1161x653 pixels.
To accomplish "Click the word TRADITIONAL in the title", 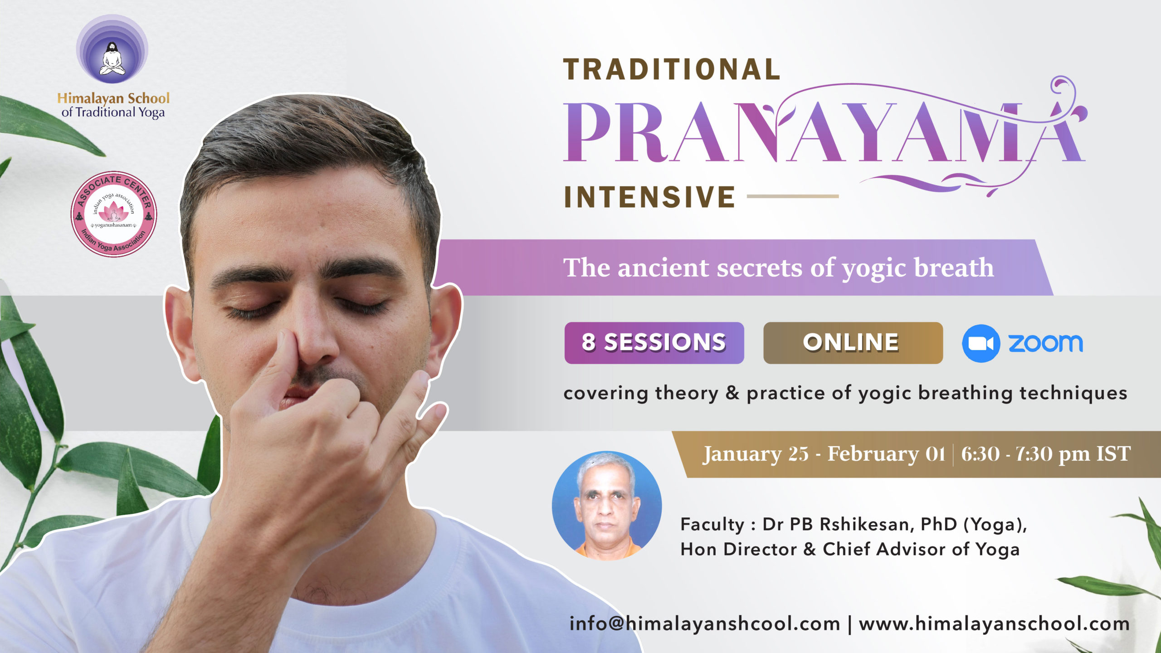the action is pyautogui.click(x=672, y=69).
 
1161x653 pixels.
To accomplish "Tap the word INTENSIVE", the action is pyautogui.click(x=649, y=197).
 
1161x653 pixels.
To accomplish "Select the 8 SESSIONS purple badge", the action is pyautogui.click(x=654, y=343).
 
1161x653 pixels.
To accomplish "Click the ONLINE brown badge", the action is pyautogui.click(x=853, y=343).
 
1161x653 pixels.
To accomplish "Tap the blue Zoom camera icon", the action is pyautogui.click(x=981, y=343).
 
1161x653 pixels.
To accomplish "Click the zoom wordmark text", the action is pyautogui.click(x=1045, y=343).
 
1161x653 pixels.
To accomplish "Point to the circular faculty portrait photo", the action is pyautogui.click(x=607, y=505).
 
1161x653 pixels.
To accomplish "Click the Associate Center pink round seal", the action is pyautogui.click(x=114, y=214).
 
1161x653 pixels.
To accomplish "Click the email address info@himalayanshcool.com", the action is pyautogui.click(x=705, y=624).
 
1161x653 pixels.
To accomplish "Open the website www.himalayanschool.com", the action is pyautogui.click(x=994, y=624).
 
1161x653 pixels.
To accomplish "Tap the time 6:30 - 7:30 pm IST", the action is pyautogui.click(x=1046, y=454).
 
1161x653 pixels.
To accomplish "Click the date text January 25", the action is pyautogui.click(x=756, y=454).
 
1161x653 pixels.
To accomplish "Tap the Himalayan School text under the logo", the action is pyautogui.click(x=113, y=98).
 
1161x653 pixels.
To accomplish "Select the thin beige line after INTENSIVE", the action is pyautogui.click(x=793, y=196).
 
